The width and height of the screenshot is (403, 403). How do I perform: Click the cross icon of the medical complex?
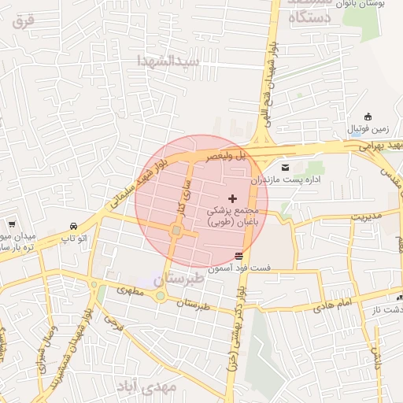[x=231, y=198]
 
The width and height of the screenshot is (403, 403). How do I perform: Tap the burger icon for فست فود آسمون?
[x=238, y=255]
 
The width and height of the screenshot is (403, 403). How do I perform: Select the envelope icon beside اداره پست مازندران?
[x=284, y=167]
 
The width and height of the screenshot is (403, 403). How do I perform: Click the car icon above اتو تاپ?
[x=73, y=225]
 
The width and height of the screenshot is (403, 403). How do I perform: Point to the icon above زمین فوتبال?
[x=368, y=116]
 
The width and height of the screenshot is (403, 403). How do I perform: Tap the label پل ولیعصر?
[x=227, y=157]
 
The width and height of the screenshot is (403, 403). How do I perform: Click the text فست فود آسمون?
[x=239, y=268]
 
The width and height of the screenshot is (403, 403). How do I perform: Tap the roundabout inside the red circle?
[x=176, y=231]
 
